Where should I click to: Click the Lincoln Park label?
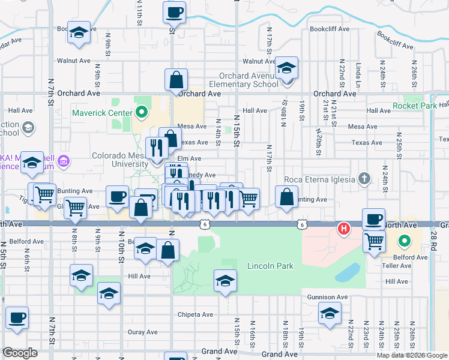tap(270, 266)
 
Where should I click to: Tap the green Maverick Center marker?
tap(142, 112)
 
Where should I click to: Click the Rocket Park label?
tap(414, 106)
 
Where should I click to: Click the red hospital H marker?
tap(344, 229)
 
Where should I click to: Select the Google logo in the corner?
tap(20, 352)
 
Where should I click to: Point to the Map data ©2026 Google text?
tap(412, 355)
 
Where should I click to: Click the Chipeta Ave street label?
tap(195, 314)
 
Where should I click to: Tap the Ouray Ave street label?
tap(142, 332)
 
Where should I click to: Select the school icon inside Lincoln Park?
tap(224, 281)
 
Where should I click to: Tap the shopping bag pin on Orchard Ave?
tap(176, 80)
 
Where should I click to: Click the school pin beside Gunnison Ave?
tap(330, 313)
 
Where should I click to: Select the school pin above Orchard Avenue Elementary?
tap(287, 69)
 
